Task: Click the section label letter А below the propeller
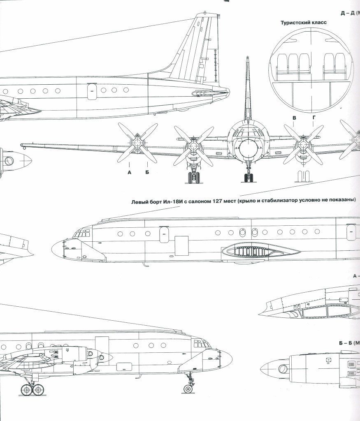[x=129, y=172]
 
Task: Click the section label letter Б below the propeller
[x=147, y=172]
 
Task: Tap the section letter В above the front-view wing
[x=294, y=118]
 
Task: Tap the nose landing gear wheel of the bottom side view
[x=189, y=389]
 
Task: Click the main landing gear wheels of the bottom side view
[x=33, y=389]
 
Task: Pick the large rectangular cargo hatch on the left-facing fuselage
[x=181, y=246]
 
